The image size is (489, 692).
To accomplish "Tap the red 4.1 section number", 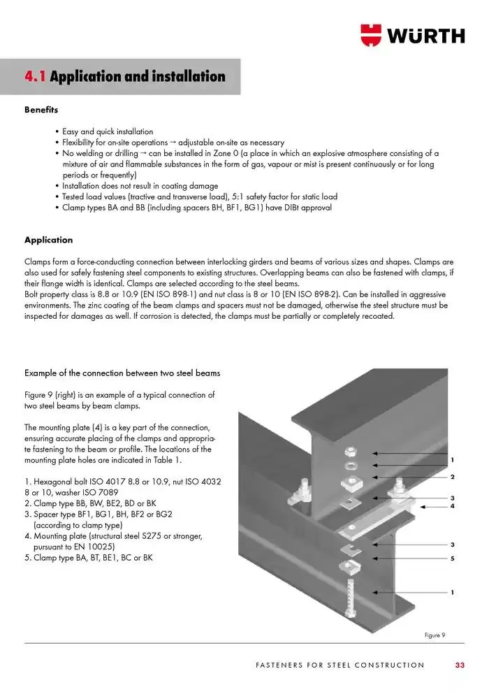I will [35, 76].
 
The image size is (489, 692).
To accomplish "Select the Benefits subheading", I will [41, 110].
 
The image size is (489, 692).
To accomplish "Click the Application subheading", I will [48, 240].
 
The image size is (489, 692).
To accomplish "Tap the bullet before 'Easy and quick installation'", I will [57, 131].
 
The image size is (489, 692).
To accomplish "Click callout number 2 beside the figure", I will [453, 477].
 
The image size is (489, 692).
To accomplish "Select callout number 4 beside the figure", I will [453, 505].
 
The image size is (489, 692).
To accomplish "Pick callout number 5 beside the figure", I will [453, 558].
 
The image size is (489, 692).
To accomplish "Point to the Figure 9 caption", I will [434, 635].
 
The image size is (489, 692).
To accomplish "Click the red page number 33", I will [459, 665].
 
